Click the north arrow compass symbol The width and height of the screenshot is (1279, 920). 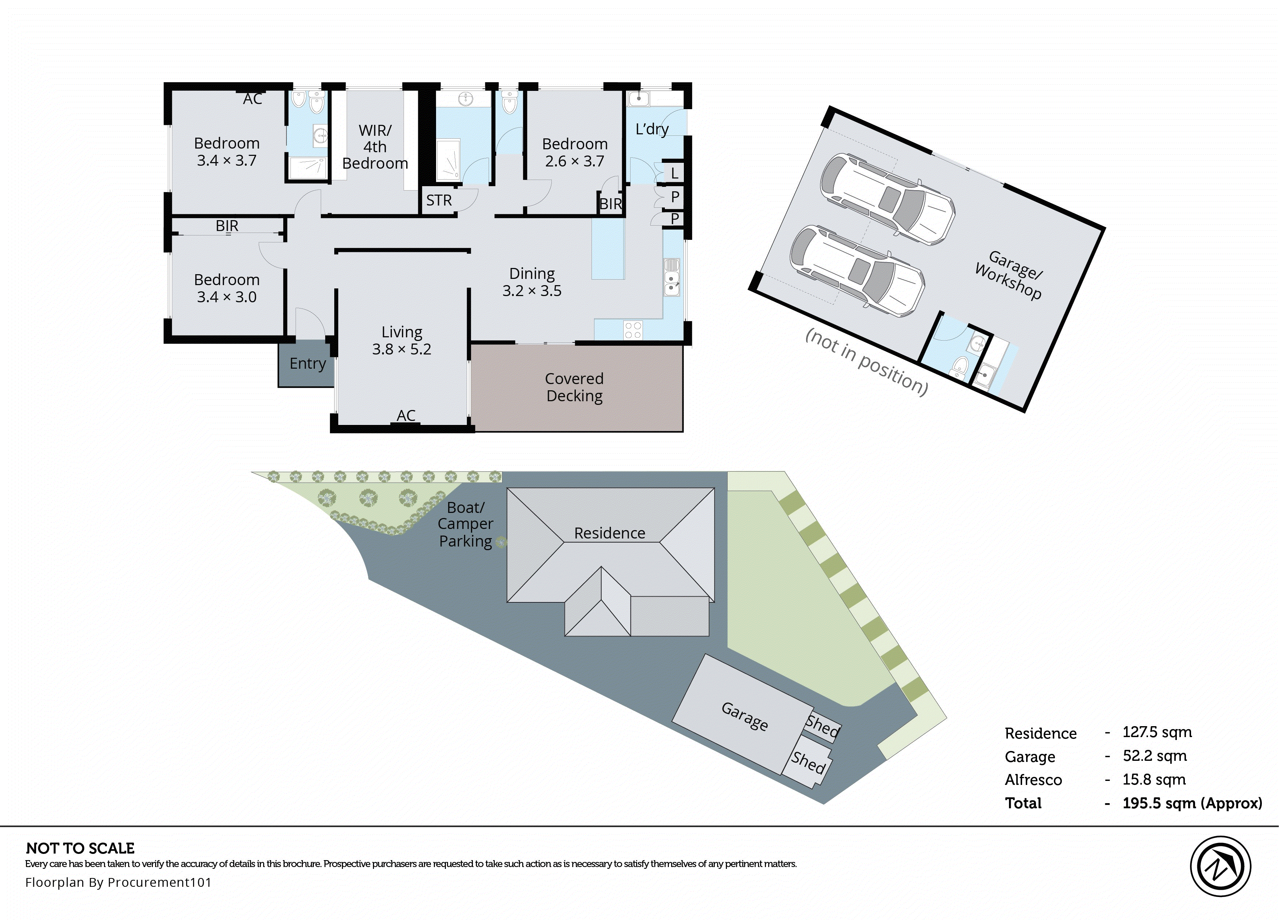pyautogui.click(x=1220, y=866)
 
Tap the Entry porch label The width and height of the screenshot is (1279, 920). pyautogui.click(x=307, y=364)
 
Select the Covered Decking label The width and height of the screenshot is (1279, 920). pyautogui.click(x=574, y=387)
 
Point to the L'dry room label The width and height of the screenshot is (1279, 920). pyautogui.click(x=652, y=129)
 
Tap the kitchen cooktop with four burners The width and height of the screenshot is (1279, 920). pyautogui.click(x=633, y=330)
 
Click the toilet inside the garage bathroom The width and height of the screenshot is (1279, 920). pyautogui.click(x=958, y=366)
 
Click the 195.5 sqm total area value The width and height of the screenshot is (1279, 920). pyautogui.click(x=1191, y=803)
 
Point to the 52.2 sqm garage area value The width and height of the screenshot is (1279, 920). pyautogui.click(x=1154, y=756)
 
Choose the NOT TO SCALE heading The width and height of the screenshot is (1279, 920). pyautogui.click(x=80, y=848)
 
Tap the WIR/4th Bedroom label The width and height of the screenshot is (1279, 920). pyautogui.click(x=375, y=147)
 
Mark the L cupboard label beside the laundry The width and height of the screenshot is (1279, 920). pyautogui.click(x=674, y=173)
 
